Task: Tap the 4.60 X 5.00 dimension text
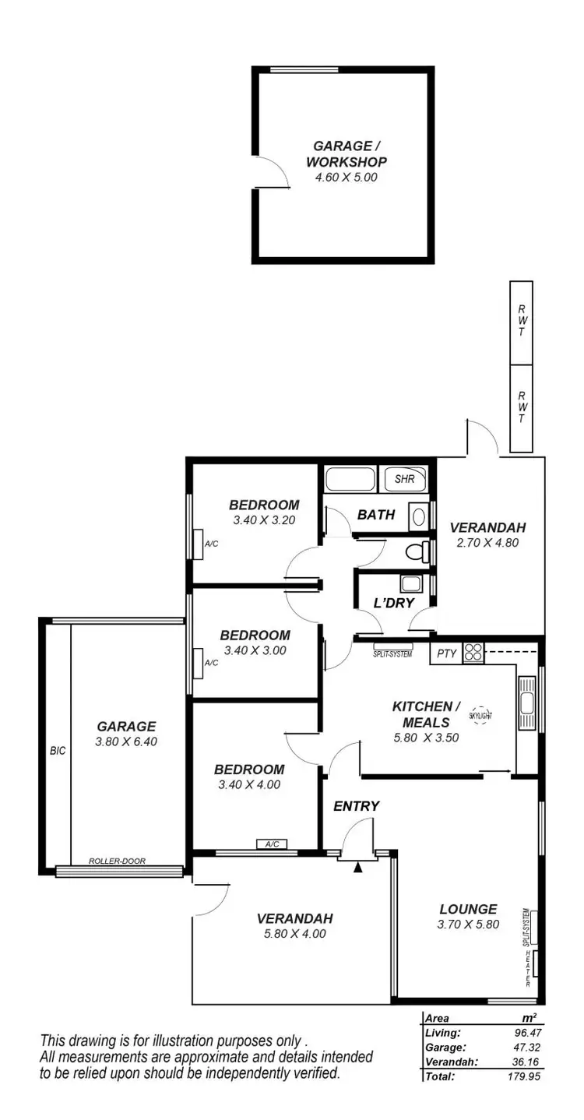[x=346, y=178]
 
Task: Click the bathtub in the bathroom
[x=350, y=478]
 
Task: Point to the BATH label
[x=376, y=515]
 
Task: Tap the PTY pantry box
[x=446, y=653]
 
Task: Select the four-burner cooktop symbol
[x=473, y=653]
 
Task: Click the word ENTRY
[x=356, y=806]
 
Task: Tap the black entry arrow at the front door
[x=358, y=866]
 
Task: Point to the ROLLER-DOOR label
[x=117, y=861]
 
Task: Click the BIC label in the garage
[x=58, y=752]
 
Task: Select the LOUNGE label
[x=468, y=909]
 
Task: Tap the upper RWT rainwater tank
[x=521, y=322]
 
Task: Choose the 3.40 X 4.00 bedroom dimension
[x=247, y=785]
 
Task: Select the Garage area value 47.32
[x=526, y=1048]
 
